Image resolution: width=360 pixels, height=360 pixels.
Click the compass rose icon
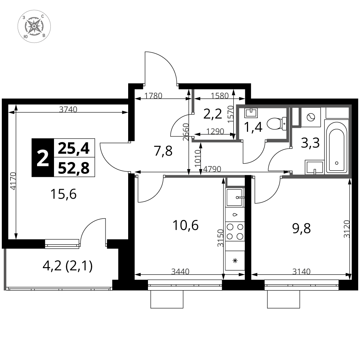click(34, 26)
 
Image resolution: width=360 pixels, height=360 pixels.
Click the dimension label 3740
click(68, 109)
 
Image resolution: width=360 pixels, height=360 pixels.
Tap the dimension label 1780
click(153, 96)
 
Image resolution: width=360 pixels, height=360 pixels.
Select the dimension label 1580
click(220, 96)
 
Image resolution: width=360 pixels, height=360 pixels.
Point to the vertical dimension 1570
click(231, 114)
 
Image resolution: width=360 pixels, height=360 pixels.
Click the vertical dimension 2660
click(186, 132)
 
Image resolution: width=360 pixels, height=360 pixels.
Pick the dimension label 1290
click(215, 131)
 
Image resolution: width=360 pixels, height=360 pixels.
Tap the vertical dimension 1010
click(197, 158)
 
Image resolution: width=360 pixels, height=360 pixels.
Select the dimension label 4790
click(212, 169)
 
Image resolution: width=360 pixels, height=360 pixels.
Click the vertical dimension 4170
click(13, 181)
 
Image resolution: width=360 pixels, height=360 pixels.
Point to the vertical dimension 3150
click(221, 238)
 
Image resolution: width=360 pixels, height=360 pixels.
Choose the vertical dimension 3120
click(347, 229)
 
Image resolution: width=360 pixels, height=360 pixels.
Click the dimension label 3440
click(180, 271)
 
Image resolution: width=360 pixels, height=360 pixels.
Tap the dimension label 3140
click(301, 271)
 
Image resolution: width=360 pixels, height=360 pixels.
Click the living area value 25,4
click(74, 148)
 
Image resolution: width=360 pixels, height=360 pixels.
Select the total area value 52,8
click(74, 167)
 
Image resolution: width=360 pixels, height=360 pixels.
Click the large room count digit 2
click(43, 159)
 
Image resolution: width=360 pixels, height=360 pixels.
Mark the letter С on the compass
click(42, 16)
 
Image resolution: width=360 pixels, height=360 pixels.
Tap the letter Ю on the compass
click(26, 36)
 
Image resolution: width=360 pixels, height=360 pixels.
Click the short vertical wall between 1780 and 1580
click(193, 101)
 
